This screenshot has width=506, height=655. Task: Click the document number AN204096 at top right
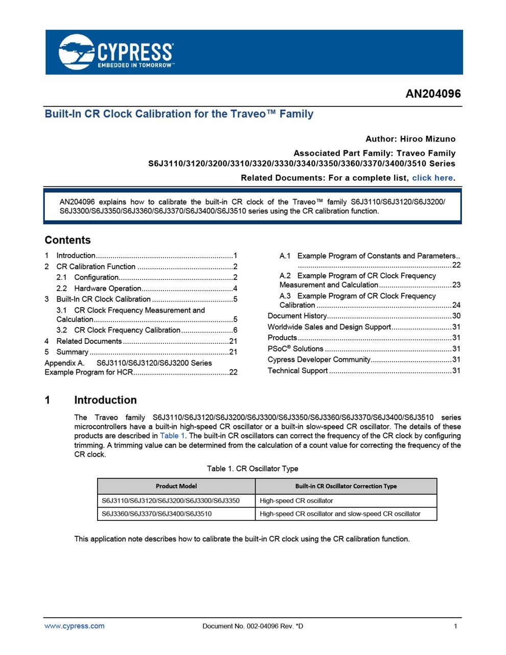tap(433, 94)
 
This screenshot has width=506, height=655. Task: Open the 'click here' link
tap(432, 178)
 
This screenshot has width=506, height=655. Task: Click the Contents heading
tap(67, 240)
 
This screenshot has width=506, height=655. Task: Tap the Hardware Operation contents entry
tap(107, 288)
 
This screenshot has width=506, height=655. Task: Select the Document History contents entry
tap(297, 316)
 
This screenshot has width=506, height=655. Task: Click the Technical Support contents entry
tap(297, 370)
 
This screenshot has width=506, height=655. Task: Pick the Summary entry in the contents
tap(72, 352)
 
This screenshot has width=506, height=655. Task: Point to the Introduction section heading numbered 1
tap(105, 400)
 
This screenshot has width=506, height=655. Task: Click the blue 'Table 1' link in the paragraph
tap(172, 436)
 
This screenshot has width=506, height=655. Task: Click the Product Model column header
tap(176, 486)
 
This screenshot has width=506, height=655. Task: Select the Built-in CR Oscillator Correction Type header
tap(346, 486)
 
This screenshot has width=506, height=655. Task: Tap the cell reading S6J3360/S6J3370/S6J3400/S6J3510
tap(156, 514)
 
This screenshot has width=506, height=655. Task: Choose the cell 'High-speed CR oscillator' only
tap(296, 500)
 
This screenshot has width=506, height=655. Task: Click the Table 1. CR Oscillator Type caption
tap(252, 469)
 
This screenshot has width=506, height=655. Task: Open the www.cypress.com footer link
tap(75, 626)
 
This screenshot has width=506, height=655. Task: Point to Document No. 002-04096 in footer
tap(252, 626)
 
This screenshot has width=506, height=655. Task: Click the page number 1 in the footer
tap(455, 626)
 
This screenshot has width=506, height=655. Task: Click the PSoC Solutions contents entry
tap(295, 348)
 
